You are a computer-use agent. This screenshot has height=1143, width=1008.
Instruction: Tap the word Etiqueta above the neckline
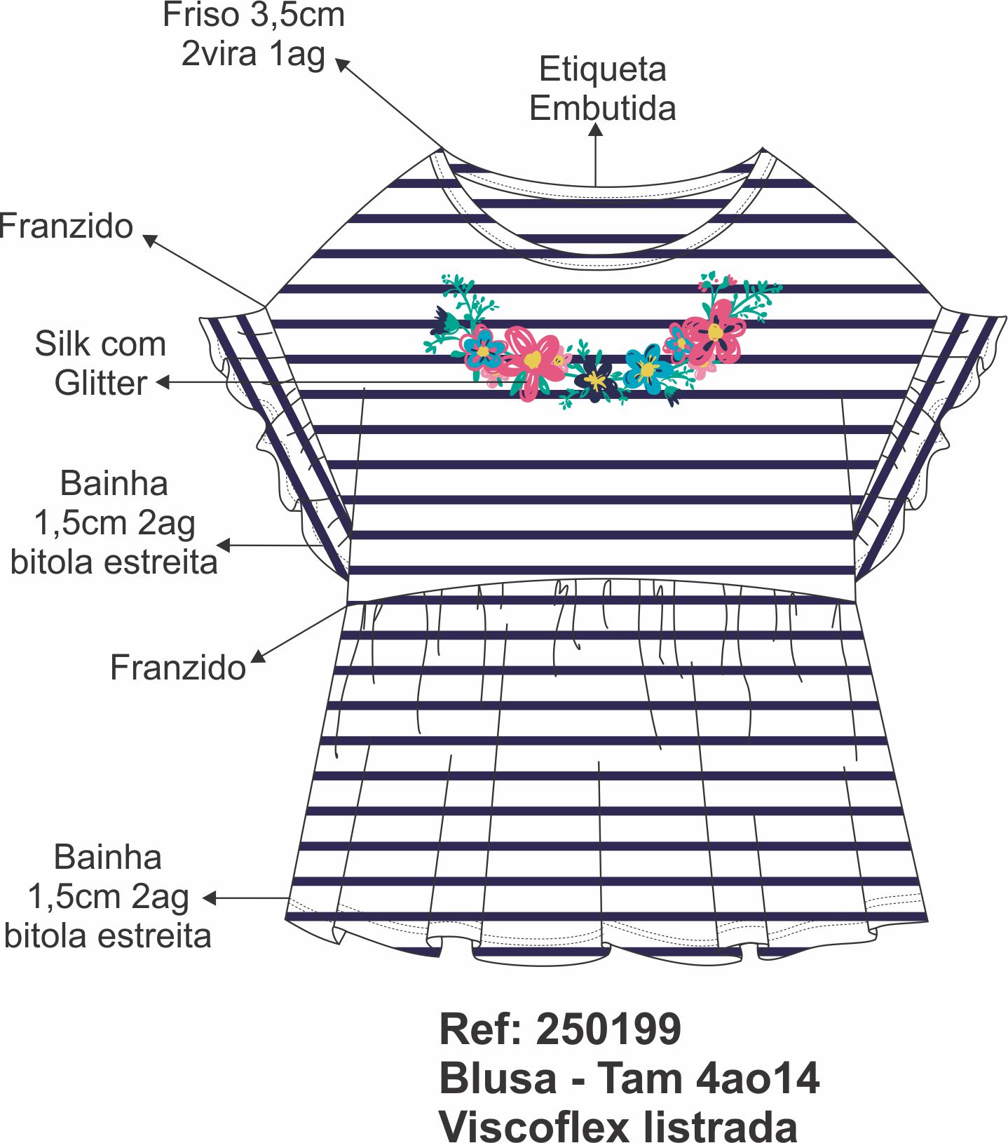click(602, 69)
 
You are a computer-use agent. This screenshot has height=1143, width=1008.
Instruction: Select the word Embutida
click(602, 109)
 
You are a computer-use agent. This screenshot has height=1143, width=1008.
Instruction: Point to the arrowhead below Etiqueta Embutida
click(596, 130)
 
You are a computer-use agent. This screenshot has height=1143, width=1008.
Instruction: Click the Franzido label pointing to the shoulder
click(67, 226)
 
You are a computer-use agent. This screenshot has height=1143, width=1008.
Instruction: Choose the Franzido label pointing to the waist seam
click(178, 668)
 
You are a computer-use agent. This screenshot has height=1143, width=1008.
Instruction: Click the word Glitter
click(101, 383)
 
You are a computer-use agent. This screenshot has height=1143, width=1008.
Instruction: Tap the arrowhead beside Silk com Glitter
click(163, 382)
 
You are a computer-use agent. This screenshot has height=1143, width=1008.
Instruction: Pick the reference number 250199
click(608, 1029)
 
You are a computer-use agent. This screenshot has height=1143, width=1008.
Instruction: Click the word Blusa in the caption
click(498, 1078)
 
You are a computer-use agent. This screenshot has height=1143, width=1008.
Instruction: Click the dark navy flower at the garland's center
click(596, 379)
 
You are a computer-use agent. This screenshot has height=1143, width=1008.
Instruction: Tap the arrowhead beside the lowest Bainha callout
click(209, 898)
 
